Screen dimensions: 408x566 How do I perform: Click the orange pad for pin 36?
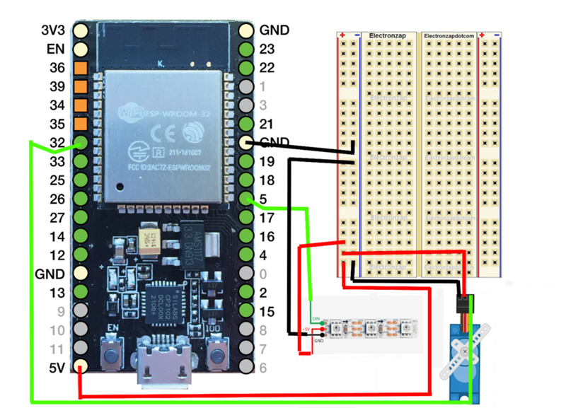[81, 69]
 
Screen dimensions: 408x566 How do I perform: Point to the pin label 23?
[267, 49]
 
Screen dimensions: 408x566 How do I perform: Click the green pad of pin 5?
[246, 198]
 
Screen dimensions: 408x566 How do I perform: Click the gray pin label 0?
[263, 274]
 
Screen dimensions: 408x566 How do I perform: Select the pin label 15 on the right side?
[267, 311]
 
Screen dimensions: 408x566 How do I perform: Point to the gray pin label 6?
[263, 367]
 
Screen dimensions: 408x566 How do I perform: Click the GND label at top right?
[274, 31]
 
